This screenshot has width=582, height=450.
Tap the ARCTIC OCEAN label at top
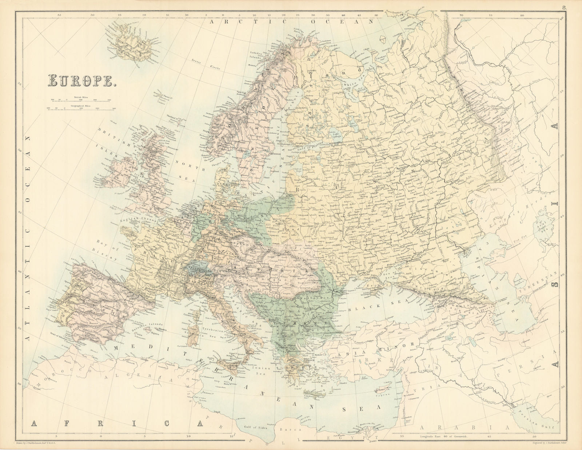tap(293, 22)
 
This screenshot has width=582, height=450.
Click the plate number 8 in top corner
tap(563, 7)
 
